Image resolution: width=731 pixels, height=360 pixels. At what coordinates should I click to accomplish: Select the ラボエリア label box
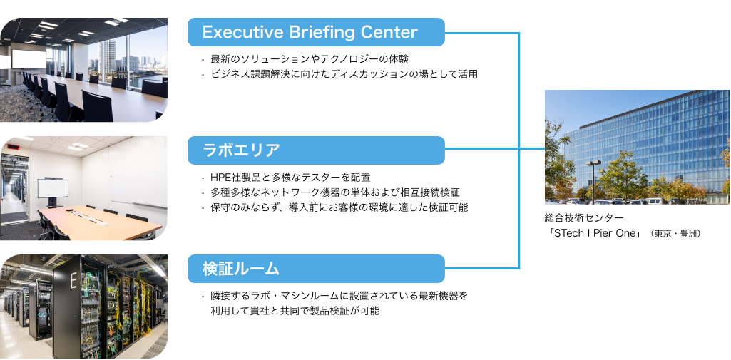[316, 150]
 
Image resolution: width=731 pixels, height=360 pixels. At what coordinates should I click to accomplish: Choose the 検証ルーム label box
[316, 269]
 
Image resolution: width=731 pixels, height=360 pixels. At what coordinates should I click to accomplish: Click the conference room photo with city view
[83, 70]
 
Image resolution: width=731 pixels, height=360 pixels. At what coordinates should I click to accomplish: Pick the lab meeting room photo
[83, 188]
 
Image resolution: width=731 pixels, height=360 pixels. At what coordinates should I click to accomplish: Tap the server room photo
[83, 307]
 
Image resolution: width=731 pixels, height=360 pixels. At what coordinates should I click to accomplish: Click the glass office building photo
[638, 147]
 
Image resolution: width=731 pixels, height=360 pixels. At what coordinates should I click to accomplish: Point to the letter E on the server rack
[72, 280]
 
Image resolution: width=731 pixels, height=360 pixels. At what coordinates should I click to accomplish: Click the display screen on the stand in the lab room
[53, 189]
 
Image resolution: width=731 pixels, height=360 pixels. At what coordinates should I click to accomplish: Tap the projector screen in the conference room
[29, 58]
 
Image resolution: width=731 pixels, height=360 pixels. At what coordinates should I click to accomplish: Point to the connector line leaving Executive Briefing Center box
[481, 33]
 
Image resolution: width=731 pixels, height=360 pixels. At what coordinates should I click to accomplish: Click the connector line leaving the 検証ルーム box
[481, 269]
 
